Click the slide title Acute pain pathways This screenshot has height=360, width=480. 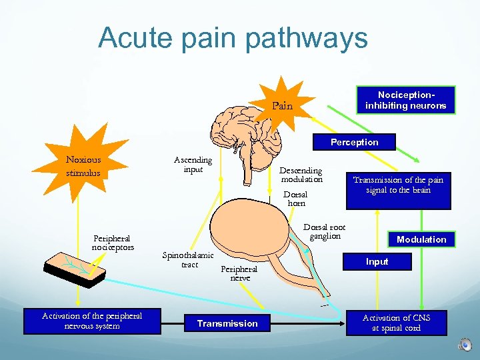point(233,38)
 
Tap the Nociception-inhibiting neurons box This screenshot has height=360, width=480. point(405,101)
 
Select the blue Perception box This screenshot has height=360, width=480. point(354,142)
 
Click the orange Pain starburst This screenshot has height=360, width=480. point(282,105)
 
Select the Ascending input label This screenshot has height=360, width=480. point(193,165)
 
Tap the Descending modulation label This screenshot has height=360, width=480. point(301,175)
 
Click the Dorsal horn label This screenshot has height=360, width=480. point(297,199)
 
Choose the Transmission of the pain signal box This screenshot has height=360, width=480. point(398,186)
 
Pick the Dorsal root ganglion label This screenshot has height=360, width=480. point(324,231)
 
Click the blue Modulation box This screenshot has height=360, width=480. point(421,239)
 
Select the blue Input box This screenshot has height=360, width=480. point(377,261)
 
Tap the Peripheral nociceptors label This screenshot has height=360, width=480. point(112,243)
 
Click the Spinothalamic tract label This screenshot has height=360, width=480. point(188,260)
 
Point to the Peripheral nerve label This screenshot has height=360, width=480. point(239,273)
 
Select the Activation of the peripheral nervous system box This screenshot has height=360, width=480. point(91,321)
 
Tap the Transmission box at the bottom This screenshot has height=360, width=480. point(227,323)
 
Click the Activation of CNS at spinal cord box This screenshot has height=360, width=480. point(396,323)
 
